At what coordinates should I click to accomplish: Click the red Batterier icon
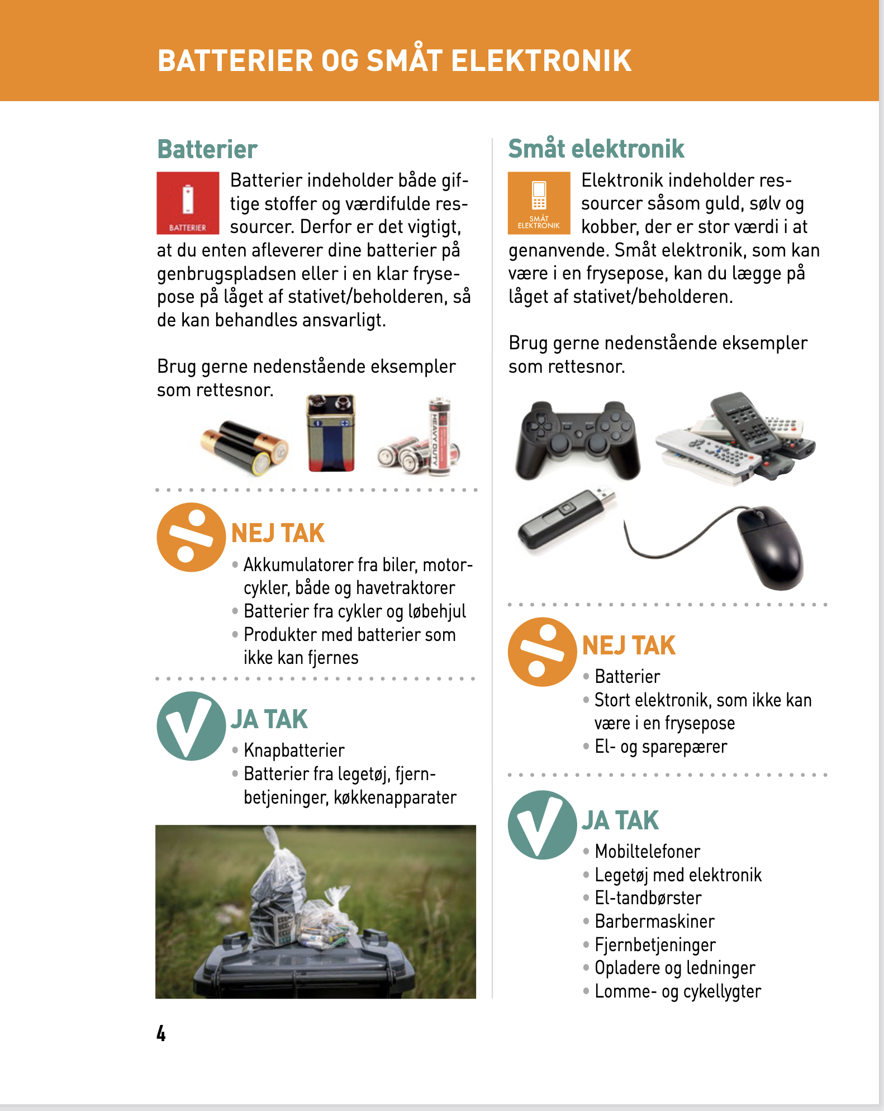[x=188, y=203]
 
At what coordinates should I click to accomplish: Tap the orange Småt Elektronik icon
[x=539, y=203]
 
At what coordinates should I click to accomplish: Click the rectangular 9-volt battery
[x=331, y=433]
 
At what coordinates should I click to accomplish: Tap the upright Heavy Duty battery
[x=439, y=436]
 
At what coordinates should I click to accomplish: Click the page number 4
[x=161, y=1033]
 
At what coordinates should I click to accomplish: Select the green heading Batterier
[x=207, y=149]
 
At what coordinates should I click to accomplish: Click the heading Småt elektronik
[x=596, y=149]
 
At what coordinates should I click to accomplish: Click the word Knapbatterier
[x=294, y=750]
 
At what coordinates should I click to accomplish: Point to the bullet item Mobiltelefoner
[x=647, y=851]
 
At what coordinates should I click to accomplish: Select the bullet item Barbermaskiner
[x=654, y=921]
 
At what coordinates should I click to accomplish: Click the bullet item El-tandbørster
[x=648, y=898]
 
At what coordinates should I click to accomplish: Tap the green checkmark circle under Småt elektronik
[x=541, y=825]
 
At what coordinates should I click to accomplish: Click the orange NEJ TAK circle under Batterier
[x=191, y=537]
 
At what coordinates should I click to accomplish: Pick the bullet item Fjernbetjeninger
[x=655, y=944]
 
